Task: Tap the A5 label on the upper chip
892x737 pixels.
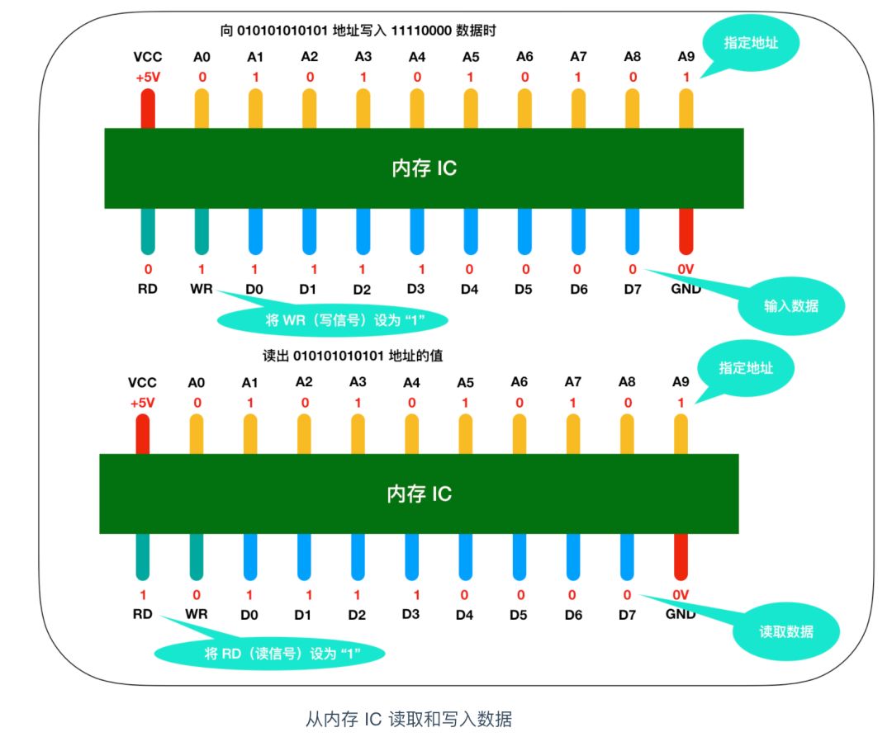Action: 471,57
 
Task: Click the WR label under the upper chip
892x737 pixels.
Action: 202,290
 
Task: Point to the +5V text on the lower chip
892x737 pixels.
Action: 142,404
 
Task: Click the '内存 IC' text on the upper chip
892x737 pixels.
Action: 424,168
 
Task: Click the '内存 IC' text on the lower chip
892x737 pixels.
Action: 419,494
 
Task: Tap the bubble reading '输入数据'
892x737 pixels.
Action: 790,305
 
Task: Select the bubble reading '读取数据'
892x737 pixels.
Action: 785,631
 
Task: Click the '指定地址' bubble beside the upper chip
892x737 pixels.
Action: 752,43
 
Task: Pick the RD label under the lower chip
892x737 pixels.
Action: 143,614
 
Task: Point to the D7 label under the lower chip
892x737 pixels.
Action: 627,614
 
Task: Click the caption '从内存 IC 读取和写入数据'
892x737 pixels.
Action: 409,719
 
